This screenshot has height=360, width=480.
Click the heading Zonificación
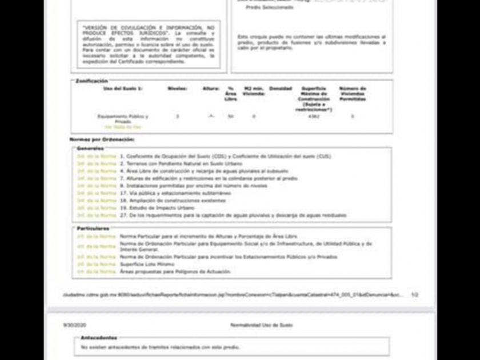point(91,81)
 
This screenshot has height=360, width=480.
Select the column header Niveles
point(177,89)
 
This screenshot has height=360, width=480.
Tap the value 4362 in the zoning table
point(313,117)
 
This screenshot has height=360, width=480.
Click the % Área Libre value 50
point(231,117)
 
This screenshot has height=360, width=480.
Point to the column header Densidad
point(280,89)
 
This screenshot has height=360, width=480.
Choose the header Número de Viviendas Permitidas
point(352,94)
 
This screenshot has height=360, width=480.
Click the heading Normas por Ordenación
point(102,139)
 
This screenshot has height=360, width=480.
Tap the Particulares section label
point(93,229)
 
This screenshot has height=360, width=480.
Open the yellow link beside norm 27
point(97,215)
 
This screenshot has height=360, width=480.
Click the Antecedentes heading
point(98,338)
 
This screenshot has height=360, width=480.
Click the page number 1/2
point(414,295)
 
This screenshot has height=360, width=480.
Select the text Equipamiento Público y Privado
point(123,119)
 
